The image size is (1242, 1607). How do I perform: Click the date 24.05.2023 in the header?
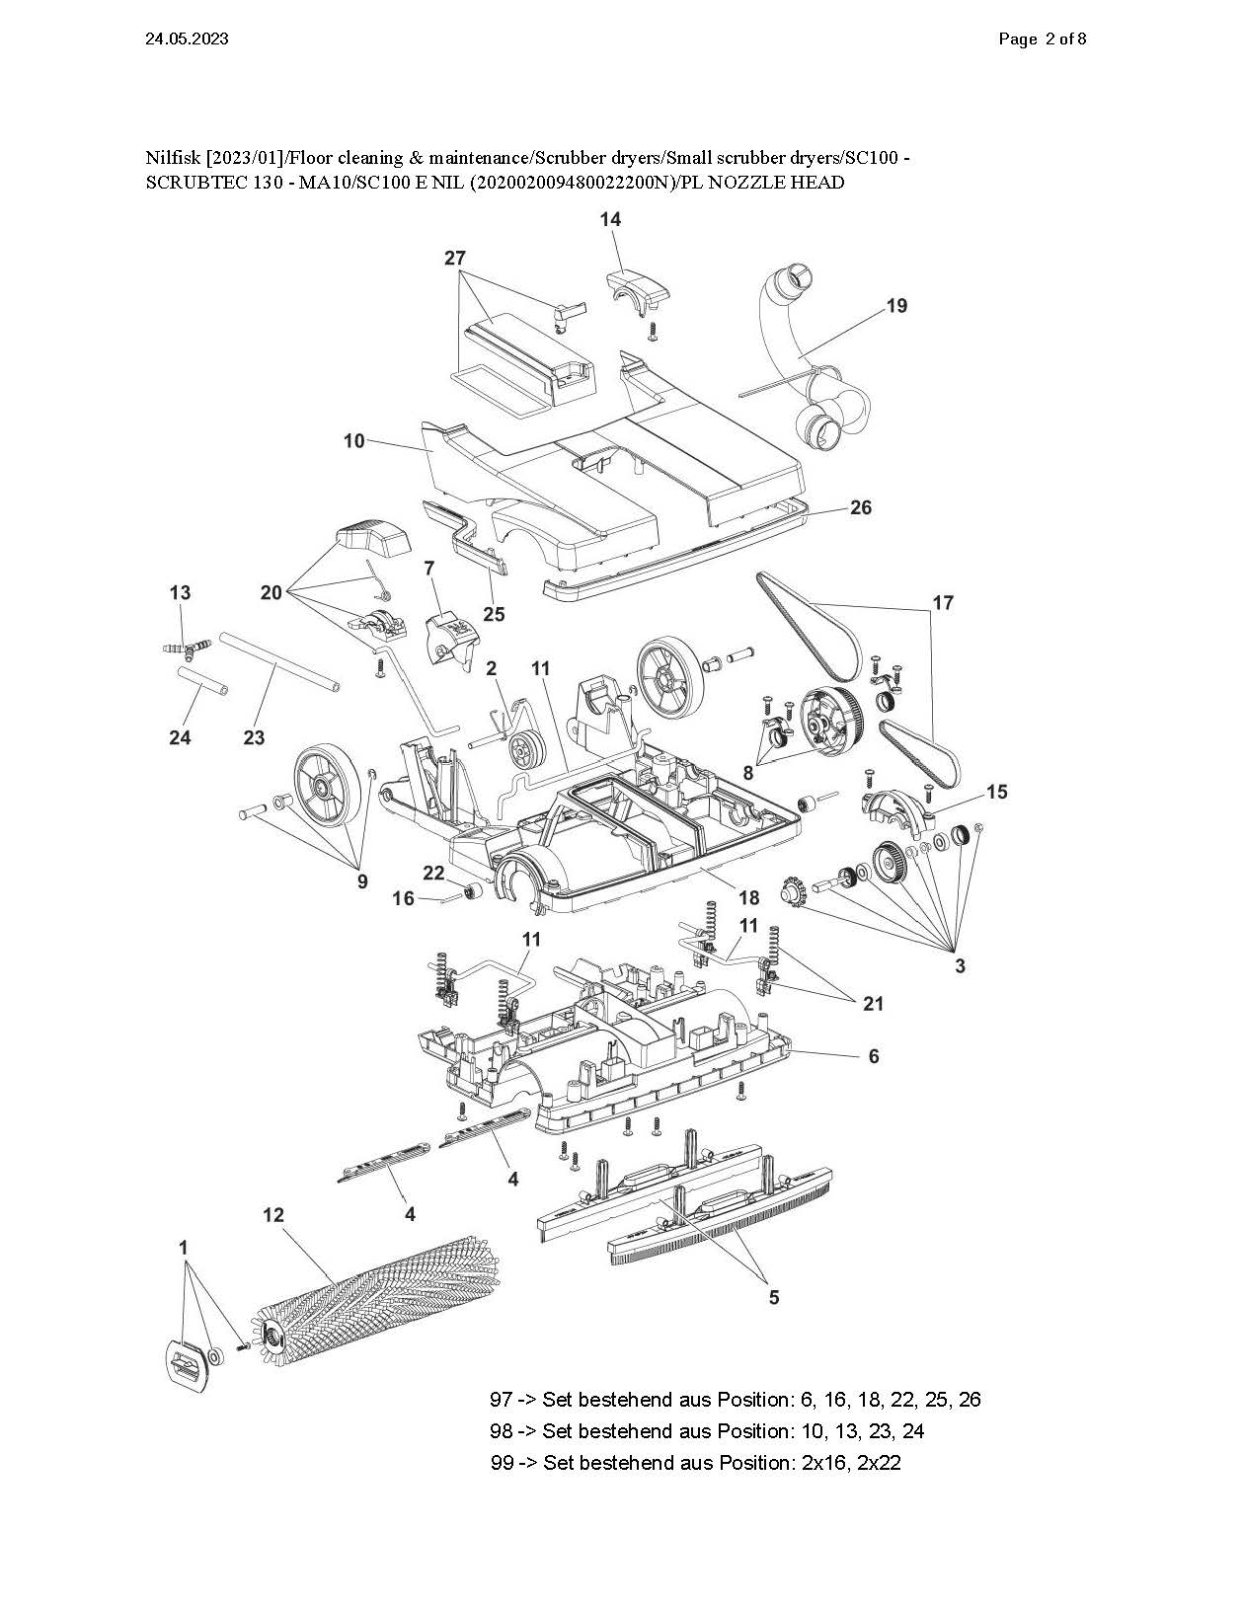click(187, 39)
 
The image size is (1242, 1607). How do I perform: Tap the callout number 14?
click(610, 219)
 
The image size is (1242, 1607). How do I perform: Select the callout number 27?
click(455, 258)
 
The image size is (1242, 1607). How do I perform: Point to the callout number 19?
click(896, 305)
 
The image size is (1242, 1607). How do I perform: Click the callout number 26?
click(860, 507)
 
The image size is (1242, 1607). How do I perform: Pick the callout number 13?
click(180, 592)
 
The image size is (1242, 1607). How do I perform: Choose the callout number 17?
click(943, 603)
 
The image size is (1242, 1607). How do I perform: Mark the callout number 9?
click(362, 881)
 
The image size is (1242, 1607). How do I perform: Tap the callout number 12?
click(272, 1215)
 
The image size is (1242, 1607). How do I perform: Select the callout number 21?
click(873, 1004)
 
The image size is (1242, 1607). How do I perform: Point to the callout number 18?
click(748, 898)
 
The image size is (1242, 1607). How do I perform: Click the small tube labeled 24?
click(202, 680)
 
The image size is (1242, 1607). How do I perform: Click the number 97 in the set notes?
click(501, 1399)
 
